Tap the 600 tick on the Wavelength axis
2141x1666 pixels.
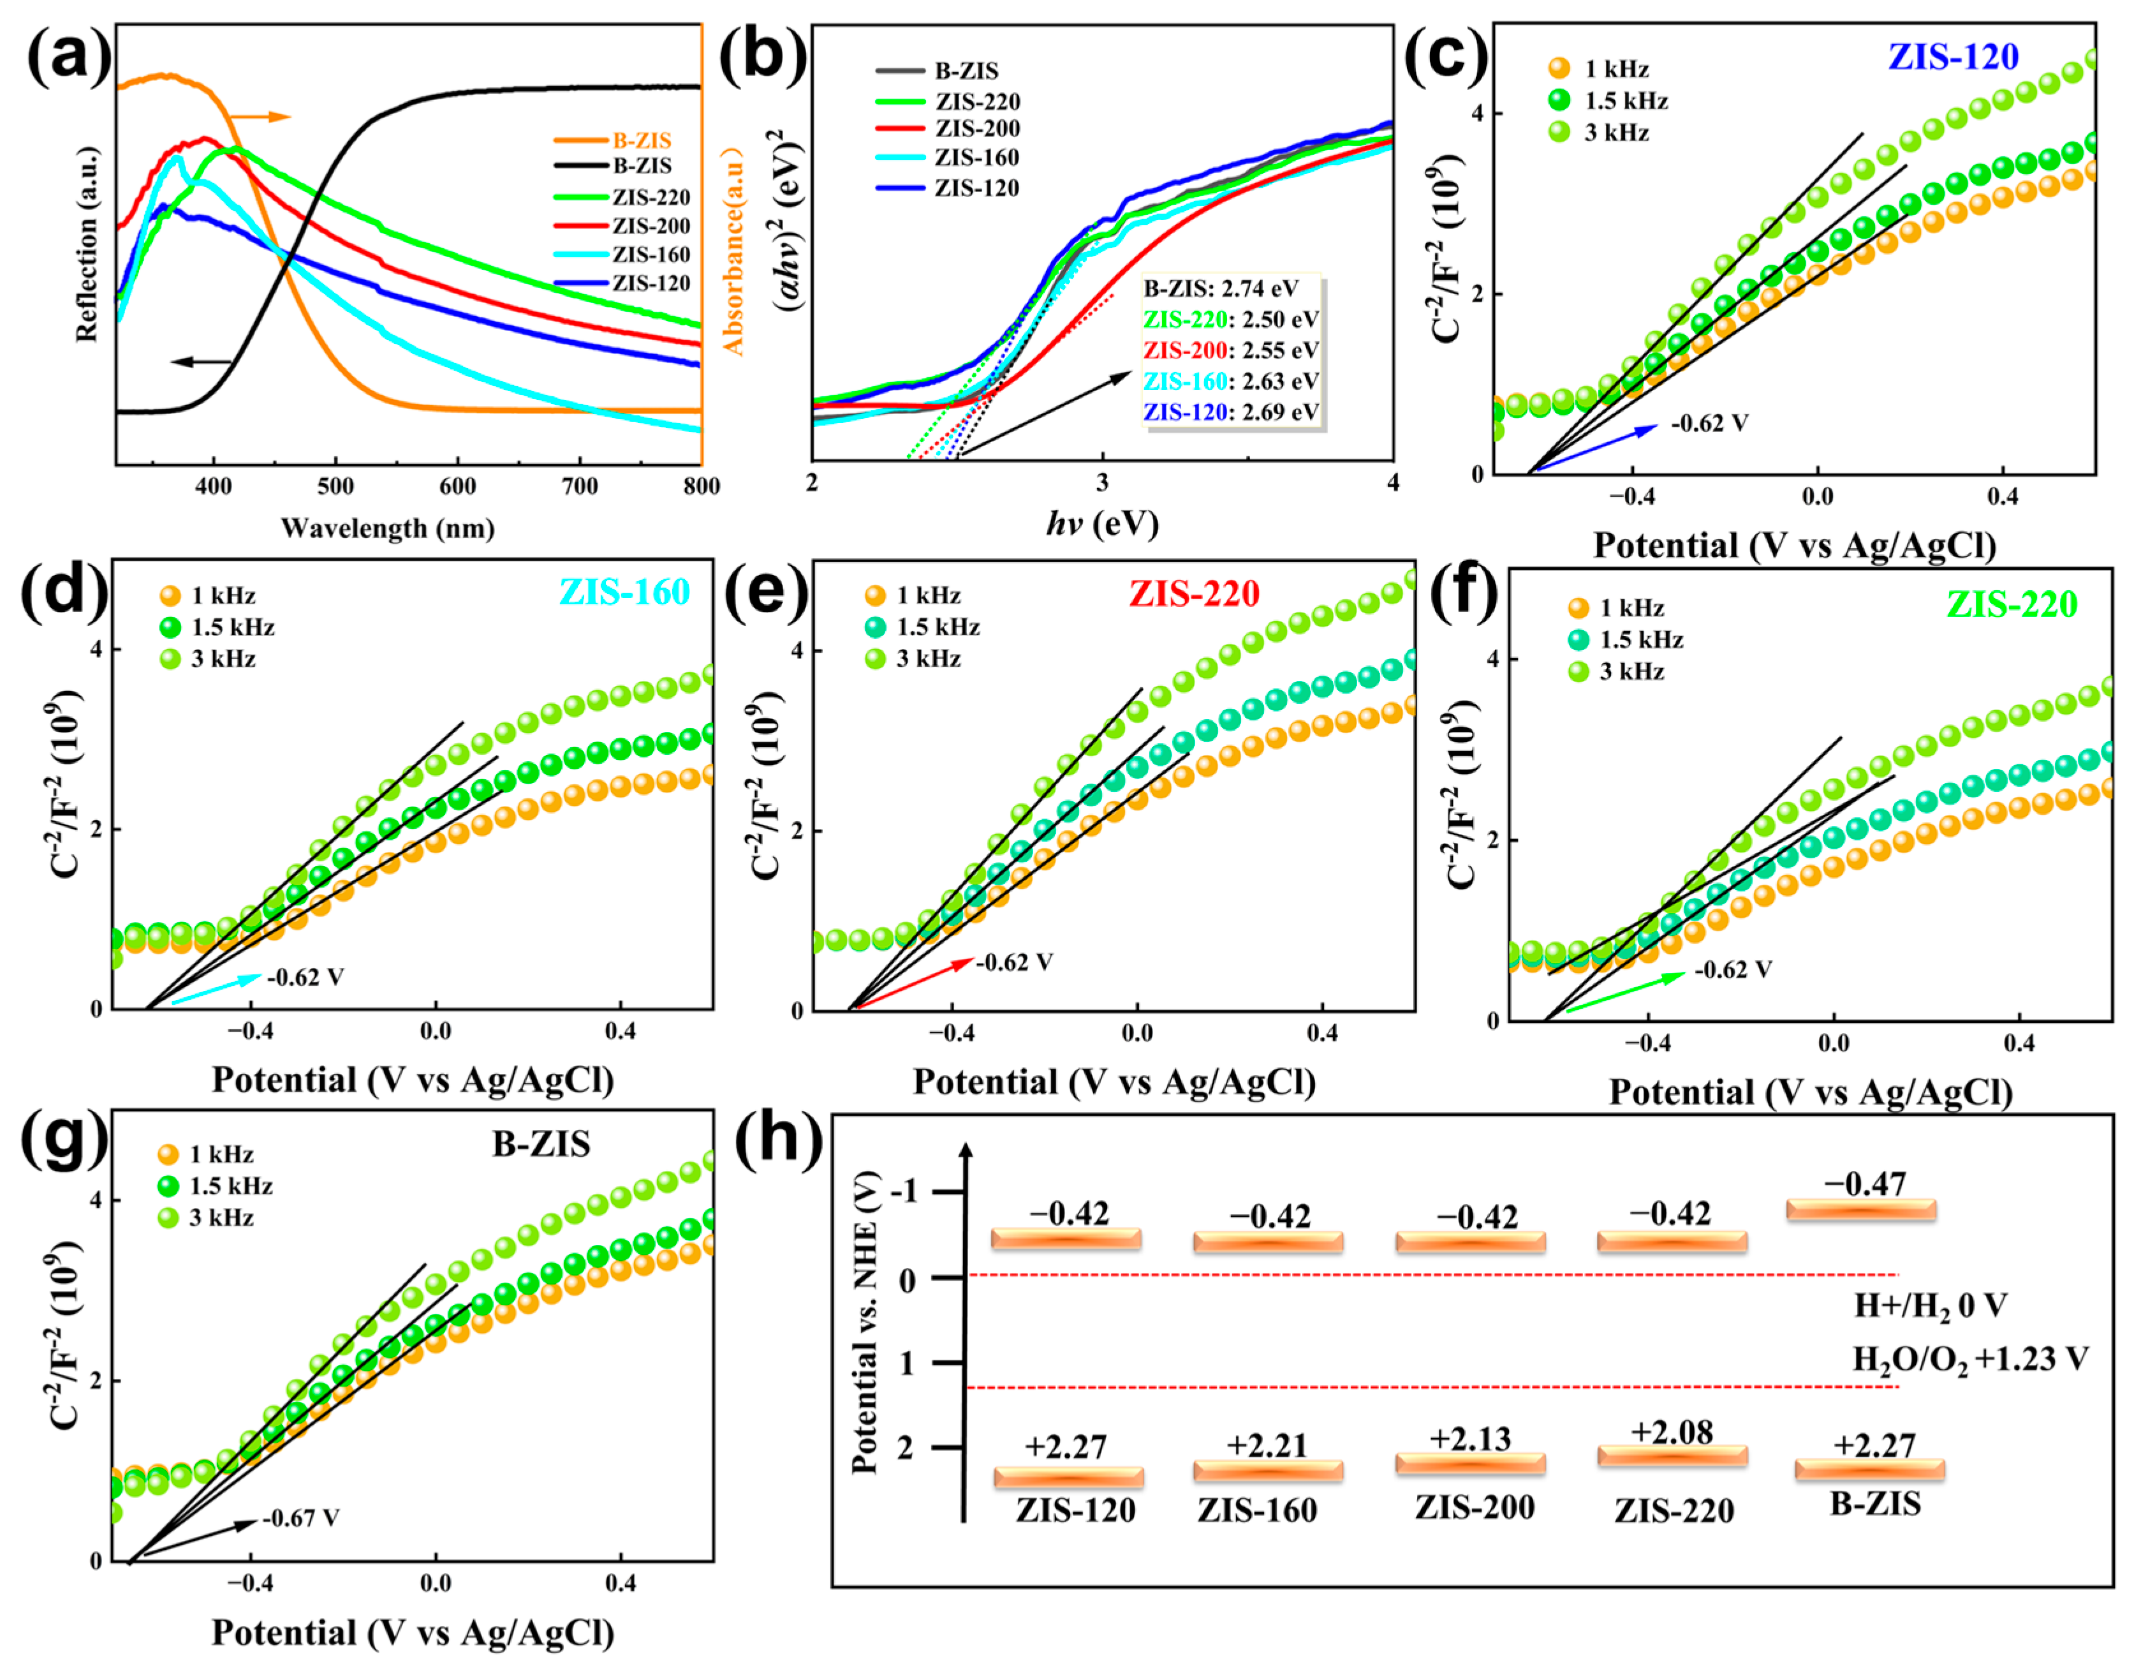(x=457, y=486)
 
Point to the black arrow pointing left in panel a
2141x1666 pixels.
(x=201, y=362)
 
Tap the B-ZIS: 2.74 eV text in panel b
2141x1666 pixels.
(x=1221, y=288)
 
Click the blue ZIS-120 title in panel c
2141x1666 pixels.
(x=1953, y=57)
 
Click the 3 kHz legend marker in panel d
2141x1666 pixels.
(x=170, y=659)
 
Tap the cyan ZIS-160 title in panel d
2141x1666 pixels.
(x=624, y=592)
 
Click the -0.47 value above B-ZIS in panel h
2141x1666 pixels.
(x=1865, y=1184)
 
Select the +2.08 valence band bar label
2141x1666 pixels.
(x=1672, y=1432)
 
